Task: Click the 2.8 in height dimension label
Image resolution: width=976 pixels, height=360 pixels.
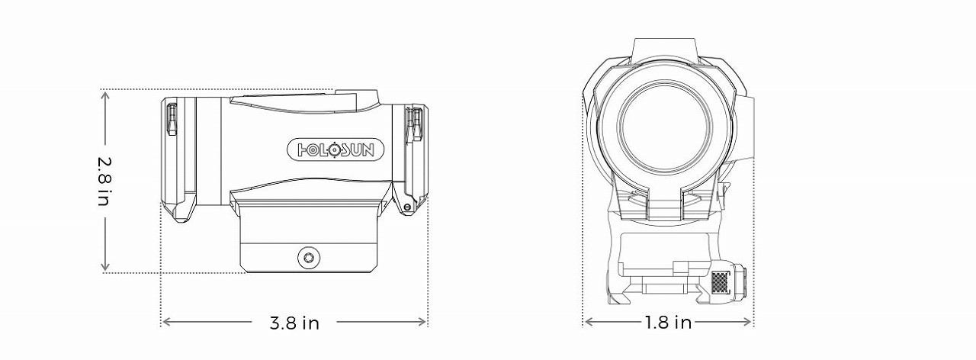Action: tap(105, 182)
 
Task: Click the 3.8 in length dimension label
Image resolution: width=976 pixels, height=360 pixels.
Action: tap(294, 323)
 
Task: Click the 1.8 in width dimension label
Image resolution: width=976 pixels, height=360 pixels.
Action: tap(668, 323)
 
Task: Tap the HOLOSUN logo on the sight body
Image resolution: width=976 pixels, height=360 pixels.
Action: tap(336, 150)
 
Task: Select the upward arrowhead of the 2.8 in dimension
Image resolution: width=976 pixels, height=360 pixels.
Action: tap(105, 96)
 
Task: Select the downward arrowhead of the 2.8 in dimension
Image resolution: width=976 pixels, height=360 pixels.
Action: tap(105, 266)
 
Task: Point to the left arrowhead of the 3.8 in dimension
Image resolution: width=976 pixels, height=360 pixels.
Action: tap(166, 322)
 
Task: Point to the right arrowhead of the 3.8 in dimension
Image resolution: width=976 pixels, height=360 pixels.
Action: tap(422, 322)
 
